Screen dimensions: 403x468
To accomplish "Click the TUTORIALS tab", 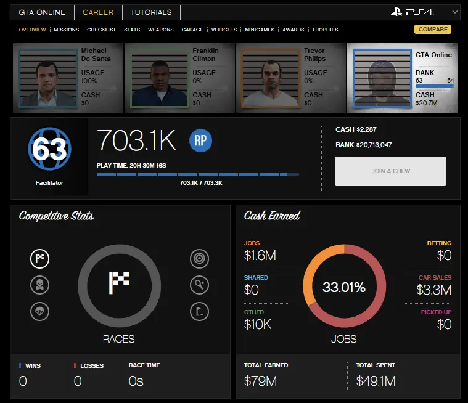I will [x=151, y=12].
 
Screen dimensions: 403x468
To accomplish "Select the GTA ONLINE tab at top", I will [x=43, y=12].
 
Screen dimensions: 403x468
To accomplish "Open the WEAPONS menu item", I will [x=160, y=30].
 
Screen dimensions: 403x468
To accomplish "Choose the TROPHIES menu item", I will [x=325, y=30].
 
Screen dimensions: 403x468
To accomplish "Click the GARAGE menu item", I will [x=192, y=30].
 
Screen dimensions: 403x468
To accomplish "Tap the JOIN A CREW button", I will [x=390, y=171].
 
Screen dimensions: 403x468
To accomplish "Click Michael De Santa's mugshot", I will [x=47, y=78].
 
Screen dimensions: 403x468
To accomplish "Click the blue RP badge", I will [x=200, y=141].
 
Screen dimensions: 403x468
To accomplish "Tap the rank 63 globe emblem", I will [x=49, y=149].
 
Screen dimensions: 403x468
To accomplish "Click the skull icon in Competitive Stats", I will [x=39, y=285].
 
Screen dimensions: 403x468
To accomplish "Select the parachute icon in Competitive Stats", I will [x=39, y=311].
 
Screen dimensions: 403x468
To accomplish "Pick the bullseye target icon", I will [x=199, y=259].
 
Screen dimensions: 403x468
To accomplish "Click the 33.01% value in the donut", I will [x=344, y=287].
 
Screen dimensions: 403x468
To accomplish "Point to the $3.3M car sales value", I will [x=433, y=290].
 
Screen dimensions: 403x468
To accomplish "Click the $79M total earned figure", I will [x=260, y=381].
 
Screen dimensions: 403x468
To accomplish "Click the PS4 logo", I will [x=412, y=12].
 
